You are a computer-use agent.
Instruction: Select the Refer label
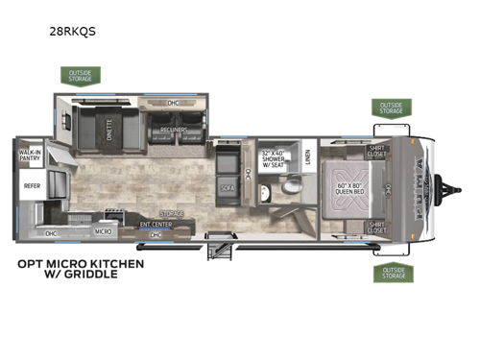pyautogui.click(x=32, y=186)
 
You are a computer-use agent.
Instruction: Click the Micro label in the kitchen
pyautogui.click(x=102, y=231)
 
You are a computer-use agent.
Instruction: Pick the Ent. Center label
pyautogui.click(x=156, y=226)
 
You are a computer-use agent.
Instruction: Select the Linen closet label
pyautogui.click(x=306, y=156)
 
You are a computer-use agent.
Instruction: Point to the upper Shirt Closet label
pyautogui.click(x=376, y=150)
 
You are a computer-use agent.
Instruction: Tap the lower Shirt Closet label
pyautogui.click(x=376, y=228)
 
